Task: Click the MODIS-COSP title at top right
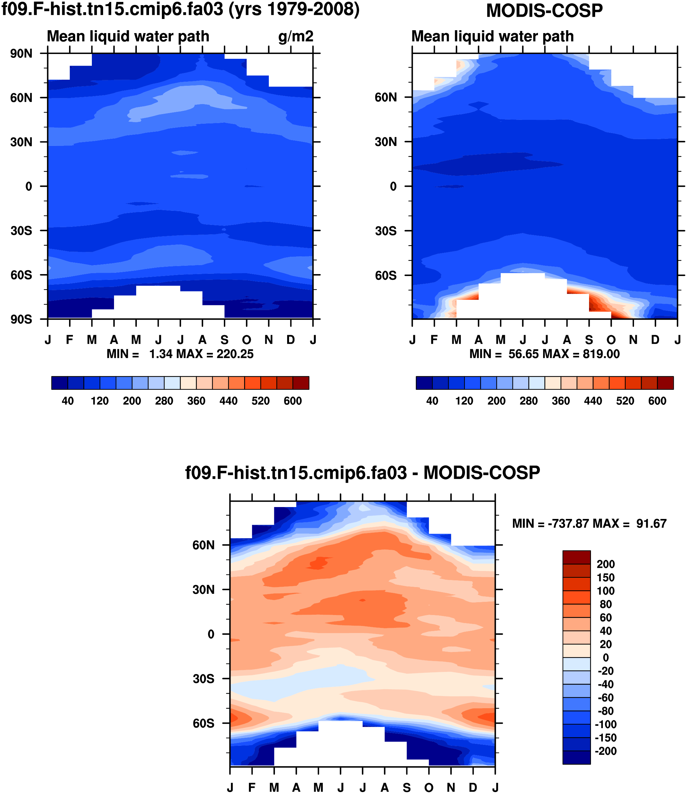tap(544, 11)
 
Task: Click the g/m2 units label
tap(295, 36)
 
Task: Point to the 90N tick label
tap(22, 54)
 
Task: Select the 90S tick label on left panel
tap(22, 319)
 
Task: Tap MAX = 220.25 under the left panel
tap(215, 354)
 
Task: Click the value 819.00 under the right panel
tap(601, 354)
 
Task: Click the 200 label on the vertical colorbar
tap(605, 564)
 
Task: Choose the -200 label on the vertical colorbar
tap(605, 751)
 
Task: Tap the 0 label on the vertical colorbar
tap(605, 658)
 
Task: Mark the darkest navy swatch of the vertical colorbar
tap(576, 758)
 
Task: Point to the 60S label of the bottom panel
tap(204, 723)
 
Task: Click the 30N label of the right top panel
tap(386, 142)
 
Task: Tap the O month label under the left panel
tap(247, 340)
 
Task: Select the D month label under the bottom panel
tap(473, 788)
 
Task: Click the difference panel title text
tap(363, 473)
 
